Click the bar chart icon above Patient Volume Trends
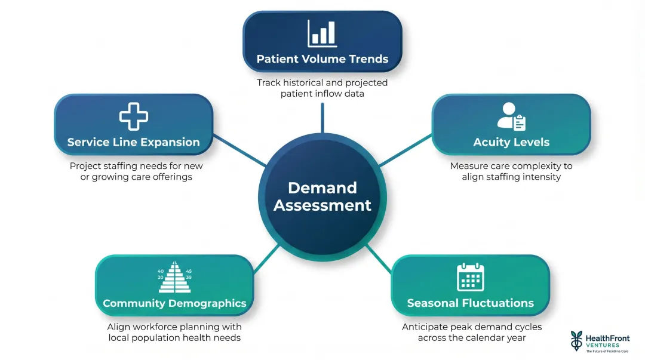pos(322,33)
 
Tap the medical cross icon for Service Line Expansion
pos(133,116)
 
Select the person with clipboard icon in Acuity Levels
pos(511,116)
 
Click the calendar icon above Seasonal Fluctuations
pos(470,277)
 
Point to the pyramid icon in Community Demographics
pos(174,275)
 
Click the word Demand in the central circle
pos(322,187)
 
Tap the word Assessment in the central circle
pos(322,205)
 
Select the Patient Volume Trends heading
pos(322,59)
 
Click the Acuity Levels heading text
pos(511,142)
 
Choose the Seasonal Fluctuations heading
pos(470,303)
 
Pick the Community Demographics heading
pos(174,303)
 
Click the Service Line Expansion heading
pos(133,142)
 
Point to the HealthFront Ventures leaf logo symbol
pos(576,341)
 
